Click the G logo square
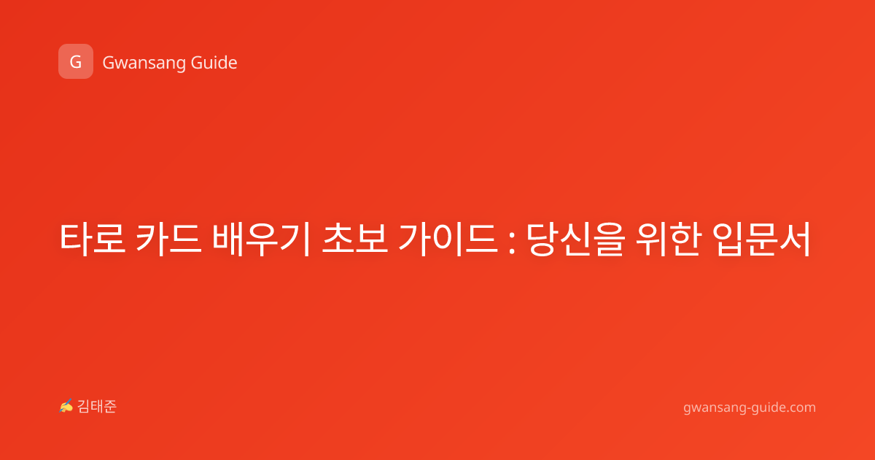tap(76, 61)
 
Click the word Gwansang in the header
tap(144, 64)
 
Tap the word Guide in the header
tap(214, 63)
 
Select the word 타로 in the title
tap(93, 239)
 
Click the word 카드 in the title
tap(168, 239)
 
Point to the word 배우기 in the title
tap(261, 239)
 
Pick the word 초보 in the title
tap(354, 239)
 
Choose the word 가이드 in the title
tap(448, 239)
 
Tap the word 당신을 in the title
tap(576, 239)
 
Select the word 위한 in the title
tap(669, 239)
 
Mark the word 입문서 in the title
tap(762, 239)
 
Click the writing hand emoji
tap(66, 406)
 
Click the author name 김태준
tap(97, 407)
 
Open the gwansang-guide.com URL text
tap(750, 407)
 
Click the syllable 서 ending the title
tap(796, 239)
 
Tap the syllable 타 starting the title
tap(76, 239)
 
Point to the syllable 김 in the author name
tap(84, 407)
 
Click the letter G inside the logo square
tap(76, 62)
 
